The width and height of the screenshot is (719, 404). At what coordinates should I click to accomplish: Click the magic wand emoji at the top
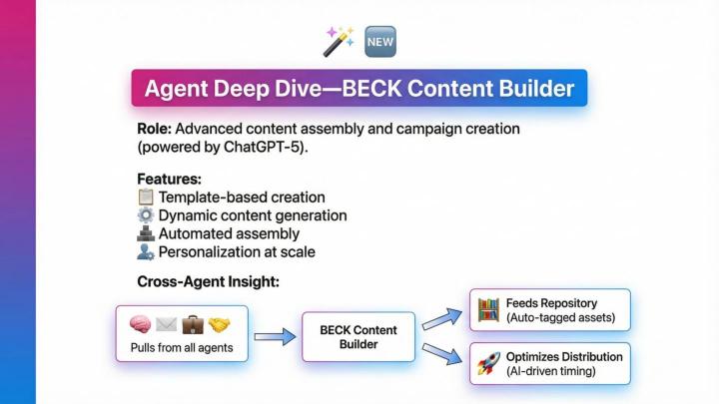(x=338, y=41)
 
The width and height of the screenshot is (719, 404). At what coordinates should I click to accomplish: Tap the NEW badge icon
(x=380, y=41)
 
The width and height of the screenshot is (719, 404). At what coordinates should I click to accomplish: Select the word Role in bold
(x=157, y=130)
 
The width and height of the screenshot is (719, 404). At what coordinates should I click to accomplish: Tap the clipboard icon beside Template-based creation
(x=146, y=198)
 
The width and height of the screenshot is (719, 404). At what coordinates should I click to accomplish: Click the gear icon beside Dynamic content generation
(x=146, y=215)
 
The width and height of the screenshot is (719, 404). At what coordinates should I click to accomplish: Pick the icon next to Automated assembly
(x=146, y=233)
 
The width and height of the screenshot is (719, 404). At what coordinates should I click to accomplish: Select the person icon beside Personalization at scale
(x=146, y=252)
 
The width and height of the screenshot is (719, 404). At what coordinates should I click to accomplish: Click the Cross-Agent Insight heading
(x=208, y=282)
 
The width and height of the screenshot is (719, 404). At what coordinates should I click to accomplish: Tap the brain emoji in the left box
(x=141, y=325)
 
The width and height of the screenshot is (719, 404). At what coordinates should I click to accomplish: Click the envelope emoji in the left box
(x=167, y=325)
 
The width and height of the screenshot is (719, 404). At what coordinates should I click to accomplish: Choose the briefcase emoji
(x=193, y=325)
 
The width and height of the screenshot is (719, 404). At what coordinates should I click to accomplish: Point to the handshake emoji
(x=219, y=325)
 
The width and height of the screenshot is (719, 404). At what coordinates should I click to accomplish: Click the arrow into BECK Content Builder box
(x=275, y=337)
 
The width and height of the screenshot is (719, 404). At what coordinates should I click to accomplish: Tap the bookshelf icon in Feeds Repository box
(x=488, y=308)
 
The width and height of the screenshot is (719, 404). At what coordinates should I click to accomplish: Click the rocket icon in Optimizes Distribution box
(x=488, y=364)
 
